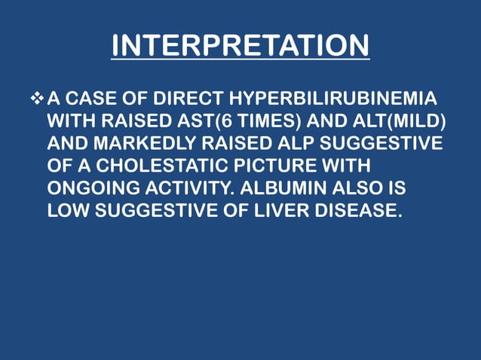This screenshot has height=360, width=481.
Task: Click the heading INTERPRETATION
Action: (240, 45)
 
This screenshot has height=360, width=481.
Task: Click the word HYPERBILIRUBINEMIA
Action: (331, 99)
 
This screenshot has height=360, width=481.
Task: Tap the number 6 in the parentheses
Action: (223, 121)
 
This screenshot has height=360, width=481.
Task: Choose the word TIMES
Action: (261, 121)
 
